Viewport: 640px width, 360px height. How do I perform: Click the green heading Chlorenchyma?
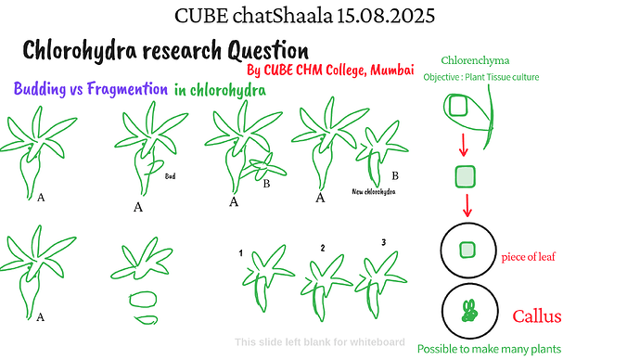click(x=475, y=60)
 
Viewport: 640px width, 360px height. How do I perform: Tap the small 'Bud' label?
click(x=170, y=174)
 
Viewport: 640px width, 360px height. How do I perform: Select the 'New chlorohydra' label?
click(x=374, y=192)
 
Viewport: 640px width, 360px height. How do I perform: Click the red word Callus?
click(x=537, y=316)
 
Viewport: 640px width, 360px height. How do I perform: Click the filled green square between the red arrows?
click(x=466, y=175)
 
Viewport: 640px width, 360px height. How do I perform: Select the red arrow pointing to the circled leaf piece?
click(x=466, y=206)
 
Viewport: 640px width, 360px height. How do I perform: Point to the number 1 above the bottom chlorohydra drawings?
click(x=240, y=252)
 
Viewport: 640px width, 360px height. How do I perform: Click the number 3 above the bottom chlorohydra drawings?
click(x=383, y=243)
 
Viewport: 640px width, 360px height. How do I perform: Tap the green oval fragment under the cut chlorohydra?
click(x=146, y=301)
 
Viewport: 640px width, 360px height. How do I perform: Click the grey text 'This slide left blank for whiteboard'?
click(x=319, y=341)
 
